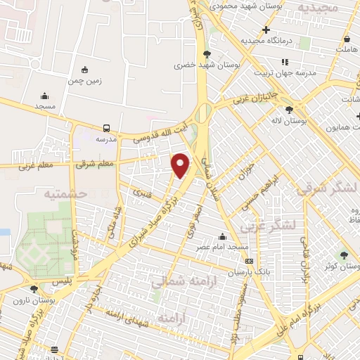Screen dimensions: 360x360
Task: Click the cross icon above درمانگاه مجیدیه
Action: (x=266, y=30)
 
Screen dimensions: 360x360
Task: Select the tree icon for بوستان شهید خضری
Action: (x=206, y=53)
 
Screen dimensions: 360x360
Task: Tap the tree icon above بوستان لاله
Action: (x=289, y=110)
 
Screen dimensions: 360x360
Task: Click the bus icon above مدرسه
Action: (x=106, y=128)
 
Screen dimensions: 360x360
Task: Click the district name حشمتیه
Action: (x=65, y=193)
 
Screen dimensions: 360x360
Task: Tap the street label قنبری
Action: (x=145, y=189)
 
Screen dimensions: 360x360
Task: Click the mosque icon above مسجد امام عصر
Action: (x=223, y=236)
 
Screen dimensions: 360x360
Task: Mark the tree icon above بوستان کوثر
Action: (x=344, y=255)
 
